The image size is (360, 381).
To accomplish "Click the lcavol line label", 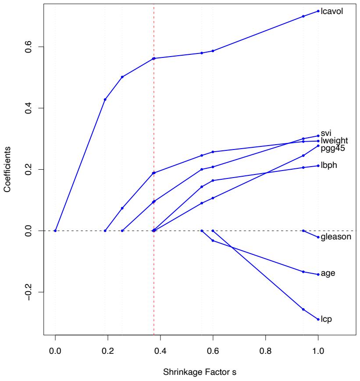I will [x=332, y=11].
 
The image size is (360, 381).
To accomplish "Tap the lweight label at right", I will [x=335, y=141].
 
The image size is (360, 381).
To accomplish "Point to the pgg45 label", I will [x=333, y=148].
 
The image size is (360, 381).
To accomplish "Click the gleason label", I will [x=336, y=237].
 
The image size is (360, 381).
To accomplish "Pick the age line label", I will [x=328, y=273].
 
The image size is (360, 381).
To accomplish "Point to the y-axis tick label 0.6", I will [x=29, y=46].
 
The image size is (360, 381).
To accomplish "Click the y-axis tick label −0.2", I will [x=29, y=292].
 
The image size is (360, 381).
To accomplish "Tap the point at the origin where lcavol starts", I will [x=55, y=231].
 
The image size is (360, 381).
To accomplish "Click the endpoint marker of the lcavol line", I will [x=318, y=11].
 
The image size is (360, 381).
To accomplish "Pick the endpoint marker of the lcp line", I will [x=318, y=319].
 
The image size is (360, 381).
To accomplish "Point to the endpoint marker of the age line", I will [x=318, y=274].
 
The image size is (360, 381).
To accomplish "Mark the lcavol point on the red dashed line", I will [x=153, y=58].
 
